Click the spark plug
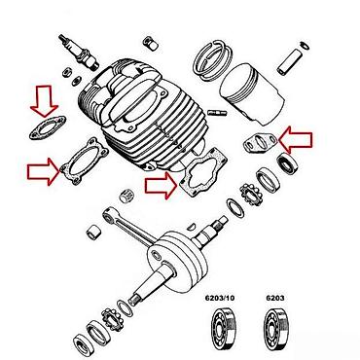tap(79, 52)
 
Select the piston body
tap(251, 93)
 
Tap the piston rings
tap(212, 61)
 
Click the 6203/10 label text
tap(220, 298)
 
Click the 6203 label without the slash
tap(275, 298)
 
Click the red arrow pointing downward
tap(44, 101)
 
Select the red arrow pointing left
tap(296, 140)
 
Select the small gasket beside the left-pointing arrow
tap(261, 143)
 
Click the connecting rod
tap(129, 227)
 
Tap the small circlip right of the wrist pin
tap(305, 45)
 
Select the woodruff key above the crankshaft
tap(192, 226)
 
